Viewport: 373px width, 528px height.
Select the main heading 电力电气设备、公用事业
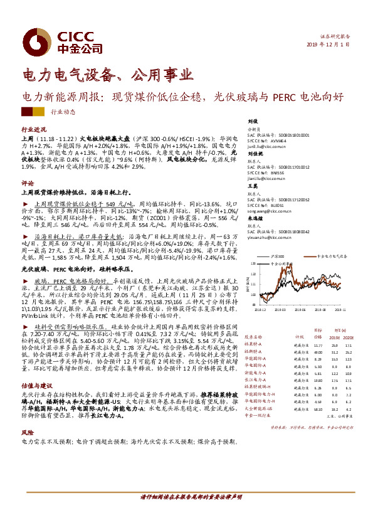tap(107, 76)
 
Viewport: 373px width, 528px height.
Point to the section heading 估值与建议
tap(34, 387)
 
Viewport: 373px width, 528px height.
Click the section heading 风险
tap(27, 433)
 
